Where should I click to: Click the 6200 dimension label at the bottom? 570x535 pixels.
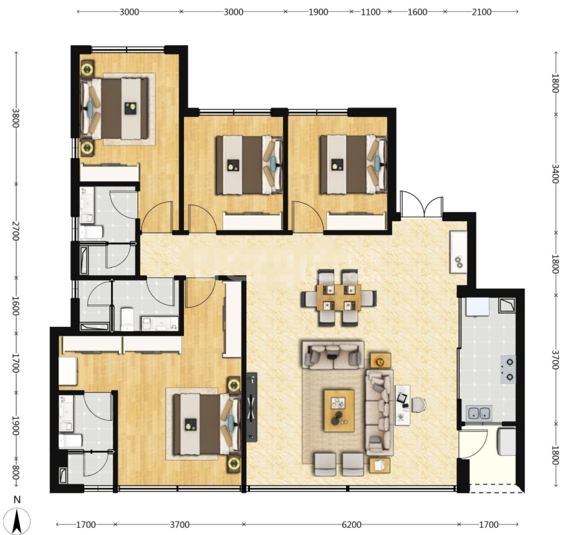click(351, 524)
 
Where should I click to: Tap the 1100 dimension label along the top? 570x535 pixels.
click(371, 12)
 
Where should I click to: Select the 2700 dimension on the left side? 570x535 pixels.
click(15, 231)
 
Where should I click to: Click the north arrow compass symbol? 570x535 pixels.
click(17, 516)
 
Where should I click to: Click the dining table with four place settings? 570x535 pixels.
click(338, 298)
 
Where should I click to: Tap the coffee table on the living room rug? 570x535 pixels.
click(339, 411)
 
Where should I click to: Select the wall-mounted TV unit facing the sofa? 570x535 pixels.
click(251, 407)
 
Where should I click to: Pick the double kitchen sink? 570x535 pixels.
click(479, 413)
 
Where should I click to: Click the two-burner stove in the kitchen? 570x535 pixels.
click(508, 369)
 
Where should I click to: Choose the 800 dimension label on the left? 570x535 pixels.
click(15, 472)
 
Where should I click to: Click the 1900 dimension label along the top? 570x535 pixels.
click(318, 12)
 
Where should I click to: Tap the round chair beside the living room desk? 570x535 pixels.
click(419, 405)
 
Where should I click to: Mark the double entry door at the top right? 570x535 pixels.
click(422, 207)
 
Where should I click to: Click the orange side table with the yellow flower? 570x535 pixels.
click(380, 362)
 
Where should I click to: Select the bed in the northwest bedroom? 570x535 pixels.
click(114, 109)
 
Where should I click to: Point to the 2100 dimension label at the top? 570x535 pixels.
click(481, 12)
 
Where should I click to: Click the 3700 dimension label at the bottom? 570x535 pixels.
click(179, 524)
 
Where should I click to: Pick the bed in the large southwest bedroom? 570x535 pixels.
click(207, 424)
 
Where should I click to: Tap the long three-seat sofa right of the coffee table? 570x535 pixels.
click(379, 413)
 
